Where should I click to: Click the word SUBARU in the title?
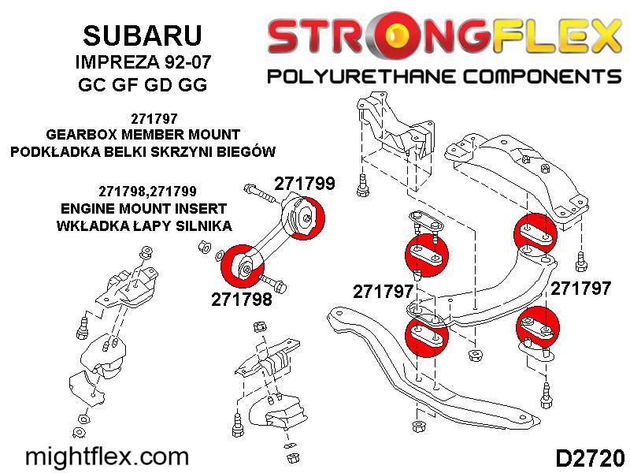coord(143,35)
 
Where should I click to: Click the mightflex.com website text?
coord(107,457)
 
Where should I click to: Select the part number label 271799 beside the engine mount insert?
coord(305,184)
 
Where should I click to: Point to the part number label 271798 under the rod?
coord(242,300)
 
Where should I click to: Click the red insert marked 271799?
coord(307,218)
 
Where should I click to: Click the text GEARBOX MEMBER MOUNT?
coord(143,134)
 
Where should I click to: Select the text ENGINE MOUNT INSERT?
coord(143,208)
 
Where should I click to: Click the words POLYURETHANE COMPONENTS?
coord(444,76)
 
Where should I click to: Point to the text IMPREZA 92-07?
coord(143,62)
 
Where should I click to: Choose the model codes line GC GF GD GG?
coord(143,84)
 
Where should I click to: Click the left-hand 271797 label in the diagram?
coord(383,292)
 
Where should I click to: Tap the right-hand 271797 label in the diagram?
coord(580,289)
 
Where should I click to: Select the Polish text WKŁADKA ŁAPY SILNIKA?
coord(144,225)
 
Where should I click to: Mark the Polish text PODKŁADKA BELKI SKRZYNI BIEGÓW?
coord(143,151)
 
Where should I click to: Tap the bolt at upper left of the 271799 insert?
coord(258,192)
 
